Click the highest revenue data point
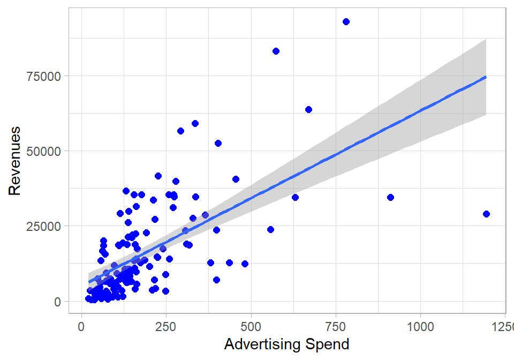point(346,21)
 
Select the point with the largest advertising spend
point(486,214)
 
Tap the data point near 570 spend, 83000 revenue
point(276,51)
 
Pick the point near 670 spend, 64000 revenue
point(308,109)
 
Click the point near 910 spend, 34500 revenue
point(390,197)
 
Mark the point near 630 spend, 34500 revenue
point(295,197)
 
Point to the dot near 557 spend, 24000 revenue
point(270,229)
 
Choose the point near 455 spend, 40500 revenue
point(236,179)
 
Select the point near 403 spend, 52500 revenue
point(218,143)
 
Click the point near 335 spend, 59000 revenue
point(195,123)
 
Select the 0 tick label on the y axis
point(57,301)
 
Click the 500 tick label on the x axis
point(251,326)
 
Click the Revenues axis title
point(14,161)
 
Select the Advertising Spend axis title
point(286,344)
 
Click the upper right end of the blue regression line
point(485,77)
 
